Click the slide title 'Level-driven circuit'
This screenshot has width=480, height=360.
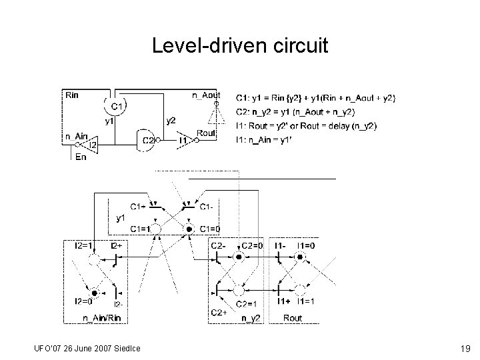point(240,46)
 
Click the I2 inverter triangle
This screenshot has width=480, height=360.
point(91,144)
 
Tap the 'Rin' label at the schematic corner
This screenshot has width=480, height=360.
point(71,95)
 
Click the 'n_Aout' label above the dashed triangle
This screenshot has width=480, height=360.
point(207,95)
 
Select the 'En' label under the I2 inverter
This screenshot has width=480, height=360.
point(81,157)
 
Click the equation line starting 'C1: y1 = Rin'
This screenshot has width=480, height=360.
point(315,99)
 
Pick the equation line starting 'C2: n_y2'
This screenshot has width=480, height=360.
point(305,112)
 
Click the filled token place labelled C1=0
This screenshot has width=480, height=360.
point(188,229)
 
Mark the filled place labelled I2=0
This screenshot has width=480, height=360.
point(95,293)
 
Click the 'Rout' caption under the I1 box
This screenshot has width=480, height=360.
point(292,318)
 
